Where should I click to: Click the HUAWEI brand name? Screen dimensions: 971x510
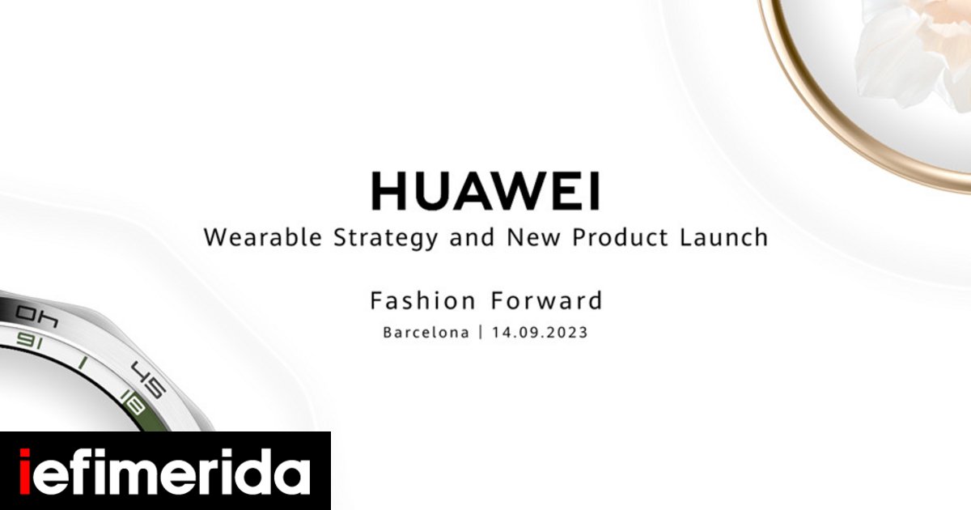coord(485,191)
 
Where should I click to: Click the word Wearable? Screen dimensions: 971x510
coord(263,237)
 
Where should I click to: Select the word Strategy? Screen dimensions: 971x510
coord(386,239)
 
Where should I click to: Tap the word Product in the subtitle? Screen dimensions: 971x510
coord(620,237)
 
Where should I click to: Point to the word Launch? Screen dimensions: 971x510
coord(723,237)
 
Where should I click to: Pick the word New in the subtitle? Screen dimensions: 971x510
coord(533,237)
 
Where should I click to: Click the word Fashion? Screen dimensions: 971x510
coord(422,300)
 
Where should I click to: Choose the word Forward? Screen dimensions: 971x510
coord(547,300)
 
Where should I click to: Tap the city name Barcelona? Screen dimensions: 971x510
coord(426,333)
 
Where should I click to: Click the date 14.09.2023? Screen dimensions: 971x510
coord(540,333)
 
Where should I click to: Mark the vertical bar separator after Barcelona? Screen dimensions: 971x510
coord(481,333)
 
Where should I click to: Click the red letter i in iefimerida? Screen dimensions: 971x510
coord(25,471)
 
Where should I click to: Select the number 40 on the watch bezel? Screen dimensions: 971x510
coord(37,317)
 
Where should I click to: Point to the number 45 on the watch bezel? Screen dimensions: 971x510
coord(149,379)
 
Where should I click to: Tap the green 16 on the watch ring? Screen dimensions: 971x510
coord(29,341)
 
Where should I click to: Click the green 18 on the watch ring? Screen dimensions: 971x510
coord(133,402)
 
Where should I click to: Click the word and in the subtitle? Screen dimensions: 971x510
coord(472,237)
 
